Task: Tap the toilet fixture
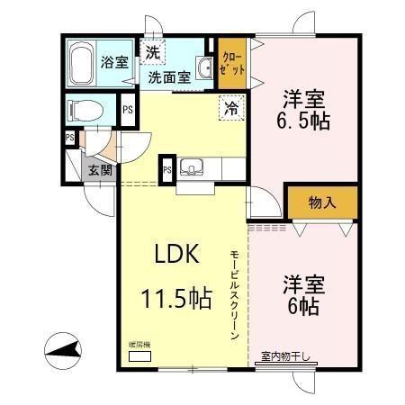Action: coord(87,112)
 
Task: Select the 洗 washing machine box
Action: coord(154,53)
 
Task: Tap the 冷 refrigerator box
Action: coord(231,111)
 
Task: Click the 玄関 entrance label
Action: coord(99,169)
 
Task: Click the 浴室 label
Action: coord(112,64)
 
